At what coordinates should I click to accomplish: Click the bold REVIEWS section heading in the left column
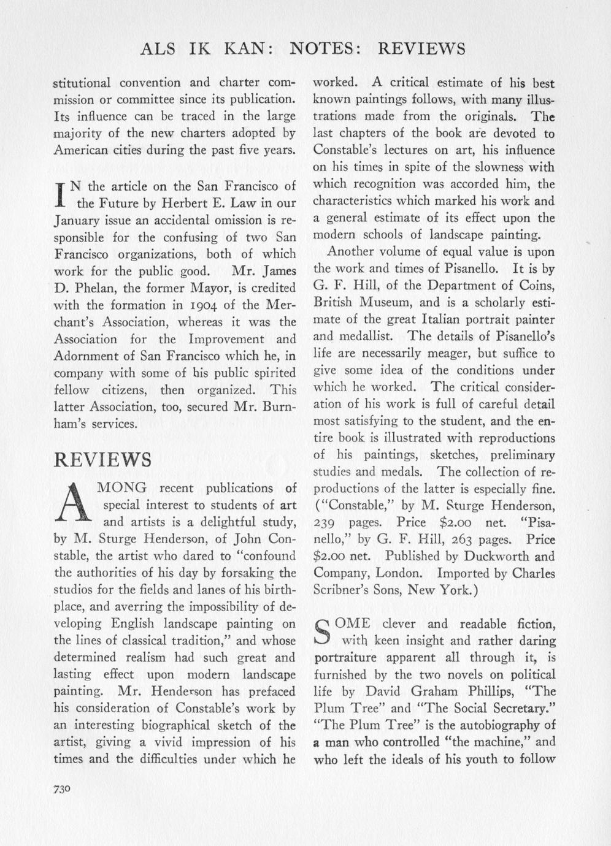[x=103, y=460]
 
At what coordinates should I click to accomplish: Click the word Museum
[x=383, y=302]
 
